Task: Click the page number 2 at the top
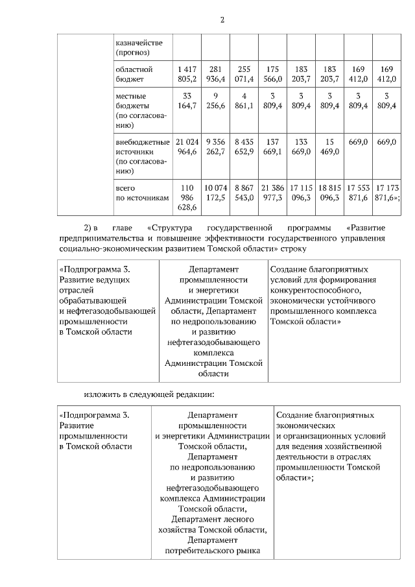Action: (222, 19)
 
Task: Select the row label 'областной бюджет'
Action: (134, 73)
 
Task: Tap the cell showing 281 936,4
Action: (215, 73)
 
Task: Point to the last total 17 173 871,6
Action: (385, 192)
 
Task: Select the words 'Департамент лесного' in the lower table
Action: (213, 520)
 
